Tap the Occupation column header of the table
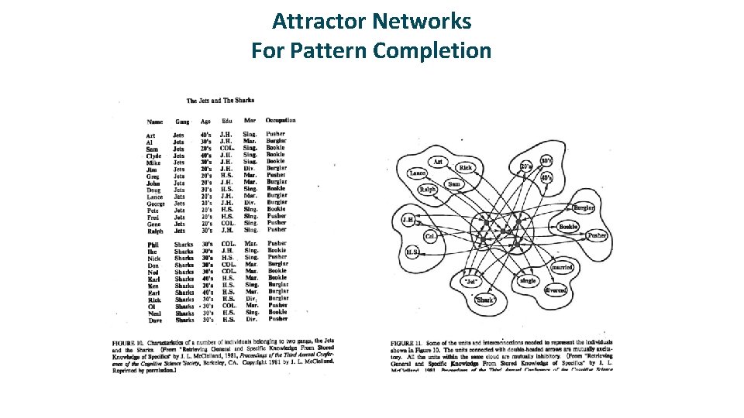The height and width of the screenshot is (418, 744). (x=280, y=121)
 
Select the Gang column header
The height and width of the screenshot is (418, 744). (x=182, y=122)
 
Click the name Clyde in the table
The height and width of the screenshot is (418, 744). (x=153, y=156)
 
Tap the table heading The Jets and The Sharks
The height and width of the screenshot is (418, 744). (x=221, y=101)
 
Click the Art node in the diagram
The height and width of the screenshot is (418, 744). (x=438, y=163)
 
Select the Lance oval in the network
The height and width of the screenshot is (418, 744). (x=418, y=173)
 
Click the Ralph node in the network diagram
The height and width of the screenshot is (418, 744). (x=427, y=190)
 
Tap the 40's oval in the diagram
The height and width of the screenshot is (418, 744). (x=547, y=178)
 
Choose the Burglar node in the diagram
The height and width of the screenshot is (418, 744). (x=584, y=208)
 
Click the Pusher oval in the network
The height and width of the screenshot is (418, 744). (x=596, y=235)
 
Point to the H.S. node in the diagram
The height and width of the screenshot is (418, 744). (x=413, y=252)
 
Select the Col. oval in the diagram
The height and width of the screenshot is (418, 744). (x=430, y=235)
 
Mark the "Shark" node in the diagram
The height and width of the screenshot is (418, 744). (x=485, y=300)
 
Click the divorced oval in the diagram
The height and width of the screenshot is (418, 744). (x=555, y=290)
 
